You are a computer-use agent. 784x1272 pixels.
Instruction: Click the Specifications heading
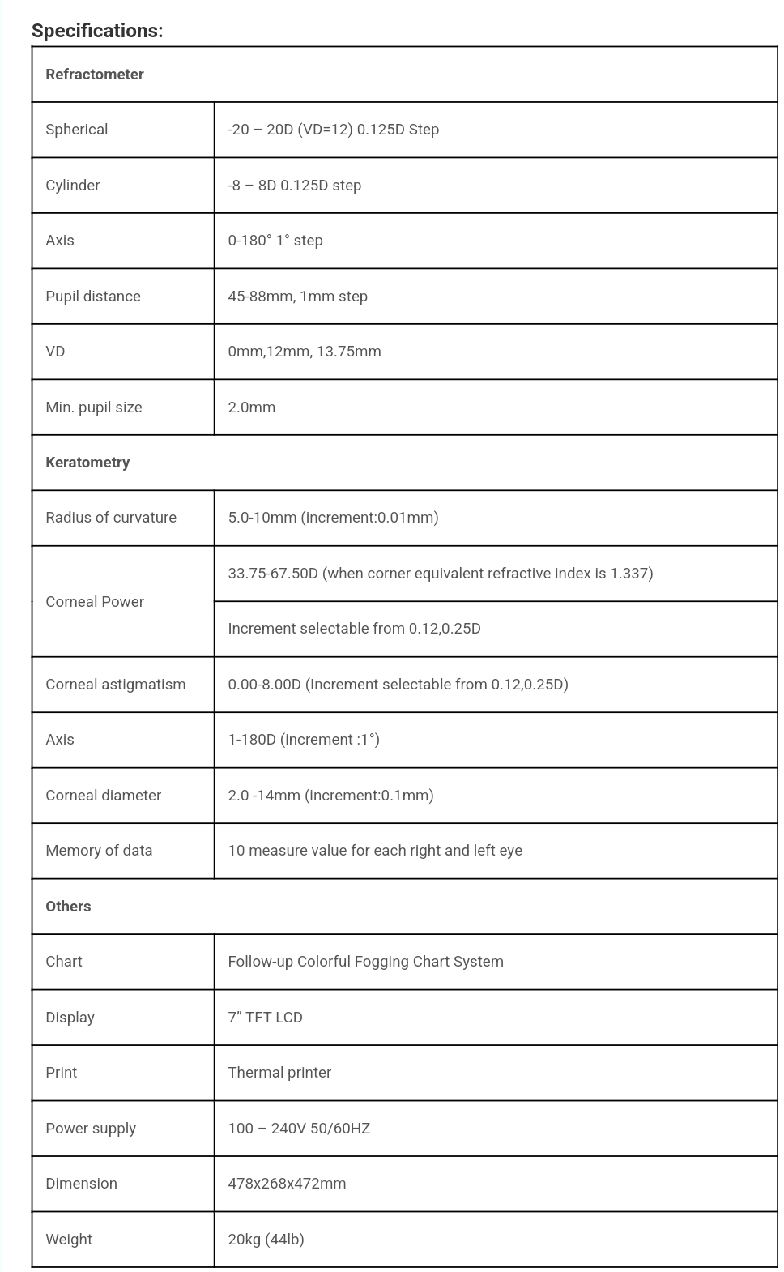(x=97, y=31)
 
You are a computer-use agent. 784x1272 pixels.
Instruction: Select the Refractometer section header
(x=95, y=75)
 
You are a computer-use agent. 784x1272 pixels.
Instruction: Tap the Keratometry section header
(x=87, y=463)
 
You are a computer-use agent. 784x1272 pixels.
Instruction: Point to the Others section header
(x=68, y=907)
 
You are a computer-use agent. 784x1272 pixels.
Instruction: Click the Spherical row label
(x=77, y=130)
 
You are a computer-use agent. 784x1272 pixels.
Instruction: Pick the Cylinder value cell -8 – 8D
(x=295, y=186)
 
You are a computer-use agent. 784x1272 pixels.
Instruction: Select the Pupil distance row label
(x=93, y=297)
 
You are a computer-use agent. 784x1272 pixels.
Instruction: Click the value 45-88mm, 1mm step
(x=298, y=297)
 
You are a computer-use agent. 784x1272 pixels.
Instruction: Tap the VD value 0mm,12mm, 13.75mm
(x=305, y=352)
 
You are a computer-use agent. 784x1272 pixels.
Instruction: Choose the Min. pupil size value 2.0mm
(x=252, y=408)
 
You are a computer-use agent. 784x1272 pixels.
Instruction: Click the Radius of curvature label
(x=111, y=518)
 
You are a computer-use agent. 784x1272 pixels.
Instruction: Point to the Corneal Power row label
(x=95, y=602)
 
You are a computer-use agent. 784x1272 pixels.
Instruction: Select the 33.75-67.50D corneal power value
(x=441, y=574)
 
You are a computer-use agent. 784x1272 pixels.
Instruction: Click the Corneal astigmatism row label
(x=116, y=685)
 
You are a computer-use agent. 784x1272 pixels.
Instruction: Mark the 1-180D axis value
(x=304, y=740)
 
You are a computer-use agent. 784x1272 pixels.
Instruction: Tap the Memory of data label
(x=99, y=851)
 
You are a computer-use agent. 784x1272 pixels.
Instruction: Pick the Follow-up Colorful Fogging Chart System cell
(x=366, y=962)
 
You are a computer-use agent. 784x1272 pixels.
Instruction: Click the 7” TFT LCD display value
(x=266, y=1018)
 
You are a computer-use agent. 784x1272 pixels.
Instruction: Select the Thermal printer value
(x=280, y=1073)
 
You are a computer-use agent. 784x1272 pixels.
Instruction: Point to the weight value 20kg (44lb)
(x=266, y=1240)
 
